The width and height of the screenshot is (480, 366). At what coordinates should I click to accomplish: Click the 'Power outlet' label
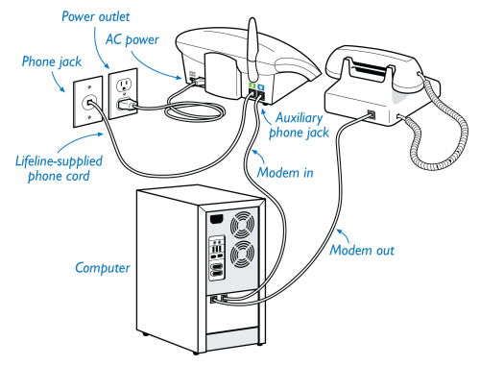click(x=95, y=16)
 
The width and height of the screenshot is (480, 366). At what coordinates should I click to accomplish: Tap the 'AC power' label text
click(x=132, y=39)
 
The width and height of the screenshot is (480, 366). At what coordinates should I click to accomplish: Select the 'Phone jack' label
click(x=52, y=61)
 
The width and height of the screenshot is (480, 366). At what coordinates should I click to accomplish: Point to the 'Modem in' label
click(x=285, y=173)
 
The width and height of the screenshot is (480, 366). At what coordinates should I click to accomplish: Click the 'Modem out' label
click(x=362, y=250)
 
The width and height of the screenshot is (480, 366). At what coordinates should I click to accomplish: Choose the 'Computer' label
click(x=103, y=268)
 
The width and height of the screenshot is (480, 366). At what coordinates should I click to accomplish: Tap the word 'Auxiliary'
click(x=300, y=118)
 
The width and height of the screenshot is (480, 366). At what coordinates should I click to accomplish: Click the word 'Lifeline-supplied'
click(x=59, y=160)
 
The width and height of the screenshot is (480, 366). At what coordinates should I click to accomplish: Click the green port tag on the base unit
click(x=252, y=85)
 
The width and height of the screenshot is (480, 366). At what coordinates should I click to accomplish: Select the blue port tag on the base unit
click(x=261, y=86)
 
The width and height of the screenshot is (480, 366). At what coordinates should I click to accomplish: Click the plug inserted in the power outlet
click(x=126, y=105)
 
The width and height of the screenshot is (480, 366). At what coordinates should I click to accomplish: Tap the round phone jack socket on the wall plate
click(x=89, y=103)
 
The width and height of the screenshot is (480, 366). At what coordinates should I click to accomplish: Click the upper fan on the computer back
click(x=243, y=224)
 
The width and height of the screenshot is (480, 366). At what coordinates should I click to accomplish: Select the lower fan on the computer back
click(x=243, y=255)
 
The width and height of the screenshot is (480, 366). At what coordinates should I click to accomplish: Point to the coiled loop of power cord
click(x=194, y=113)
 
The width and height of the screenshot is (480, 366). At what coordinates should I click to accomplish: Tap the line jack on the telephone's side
click(x=372, y=114)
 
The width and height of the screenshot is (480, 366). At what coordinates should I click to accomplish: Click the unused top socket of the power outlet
click(x=124, y=85)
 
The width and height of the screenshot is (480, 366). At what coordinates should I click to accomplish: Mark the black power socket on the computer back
click(x=217, y=219)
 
